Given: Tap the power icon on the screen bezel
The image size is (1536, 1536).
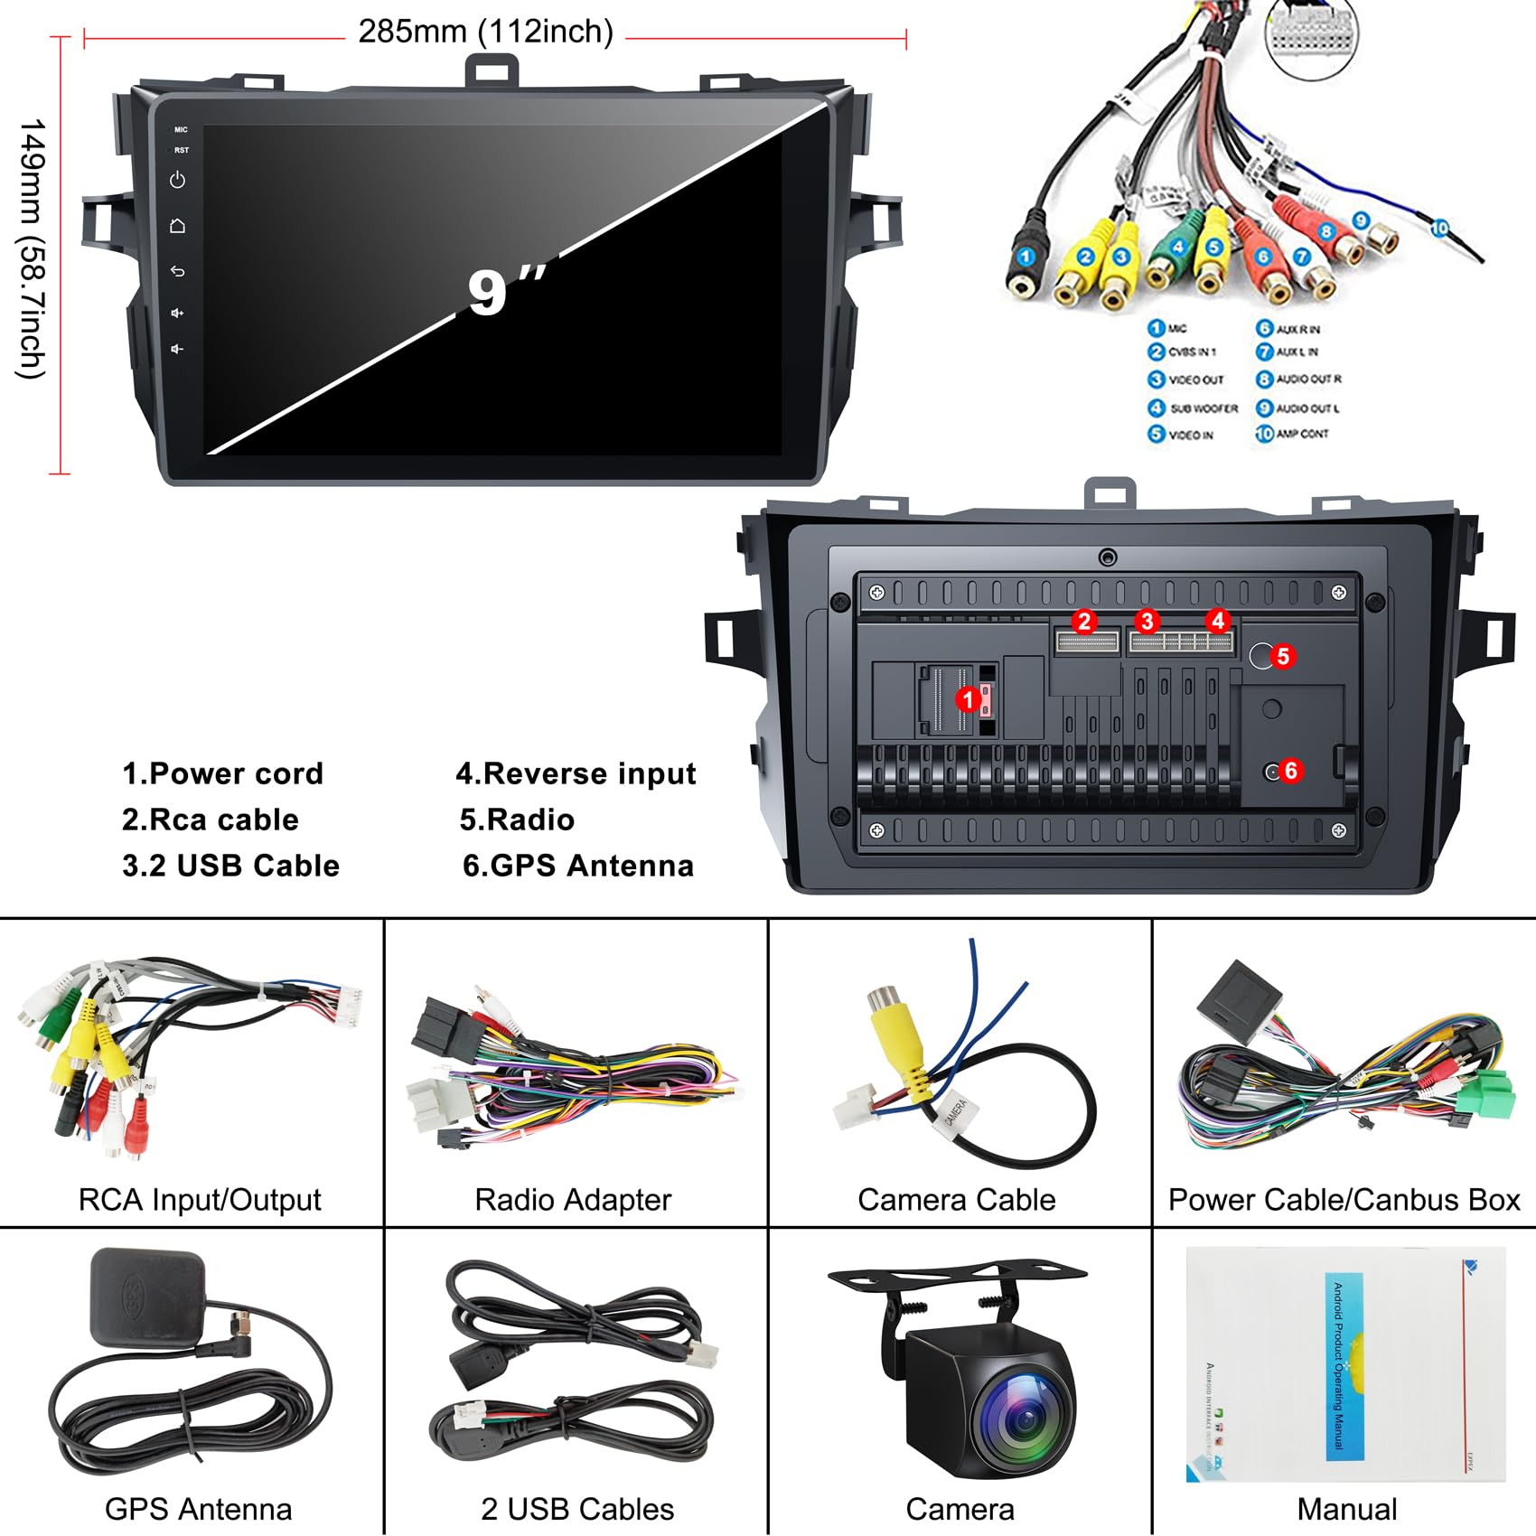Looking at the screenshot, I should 178,180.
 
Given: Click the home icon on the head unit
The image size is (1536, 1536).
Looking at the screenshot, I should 178,226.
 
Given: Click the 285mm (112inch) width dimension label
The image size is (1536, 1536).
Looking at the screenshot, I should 486,32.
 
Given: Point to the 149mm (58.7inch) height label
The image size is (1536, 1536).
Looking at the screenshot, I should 33,248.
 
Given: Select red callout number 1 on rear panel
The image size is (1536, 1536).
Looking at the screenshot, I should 968,699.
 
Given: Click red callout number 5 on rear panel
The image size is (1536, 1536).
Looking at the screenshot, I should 1282,656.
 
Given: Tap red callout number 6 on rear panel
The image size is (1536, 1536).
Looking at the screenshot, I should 1290,771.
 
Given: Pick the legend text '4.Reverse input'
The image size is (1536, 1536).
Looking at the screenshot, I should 576,773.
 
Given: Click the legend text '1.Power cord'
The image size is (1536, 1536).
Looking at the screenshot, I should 222,773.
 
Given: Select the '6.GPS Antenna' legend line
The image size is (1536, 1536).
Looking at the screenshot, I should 578,866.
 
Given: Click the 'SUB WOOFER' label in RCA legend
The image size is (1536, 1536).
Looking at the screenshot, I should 1204,408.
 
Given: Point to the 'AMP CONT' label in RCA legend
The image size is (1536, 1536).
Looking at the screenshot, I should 1302,434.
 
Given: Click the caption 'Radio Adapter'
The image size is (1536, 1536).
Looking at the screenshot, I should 573,1200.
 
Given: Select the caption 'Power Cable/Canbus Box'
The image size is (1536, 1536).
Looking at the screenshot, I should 1344,1200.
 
